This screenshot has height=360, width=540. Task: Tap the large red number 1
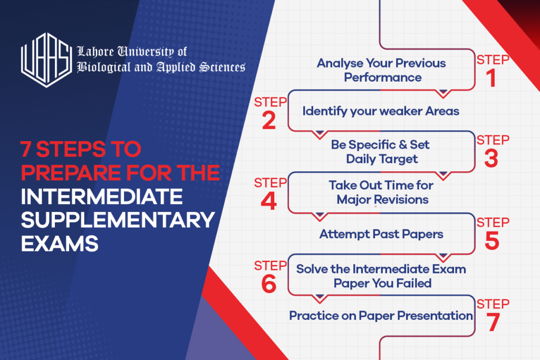(491, 78)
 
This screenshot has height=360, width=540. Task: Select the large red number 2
(268, 121)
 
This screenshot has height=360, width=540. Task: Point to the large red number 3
(491, 159)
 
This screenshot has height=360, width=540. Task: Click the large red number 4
(268, 202)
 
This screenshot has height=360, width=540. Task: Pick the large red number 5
(491, 241)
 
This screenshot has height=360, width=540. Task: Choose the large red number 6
(268, 285)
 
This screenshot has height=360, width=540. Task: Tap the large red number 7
(493, 323)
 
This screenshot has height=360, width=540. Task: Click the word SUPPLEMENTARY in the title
(118, 220)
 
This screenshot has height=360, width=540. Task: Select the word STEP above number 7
(493, 304)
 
